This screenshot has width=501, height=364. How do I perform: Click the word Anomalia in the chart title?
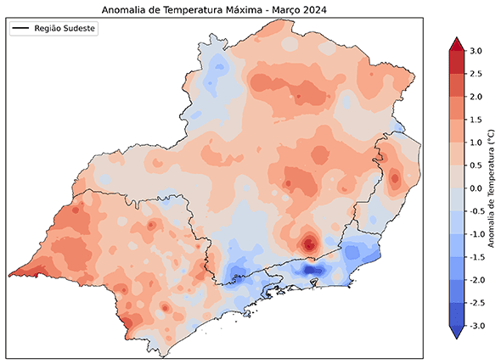point(124,9)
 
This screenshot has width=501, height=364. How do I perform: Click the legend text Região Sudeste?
point(65,29)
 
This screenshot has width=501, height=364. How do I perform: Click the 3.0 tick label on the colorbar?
point(476,52)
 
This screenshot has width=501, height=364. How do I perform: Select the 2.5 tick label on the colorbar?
point(476,75)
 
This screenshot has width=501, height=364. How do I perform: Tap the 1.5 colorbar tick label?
point(476,120)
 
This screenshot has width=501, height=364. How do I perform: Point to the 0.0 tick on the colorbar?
point(476,188)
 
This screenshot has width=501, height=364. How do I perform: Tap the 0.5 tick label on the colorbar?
point(476,165)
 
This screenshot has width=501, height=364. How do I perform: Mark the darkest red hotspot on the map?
point(309,244)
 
